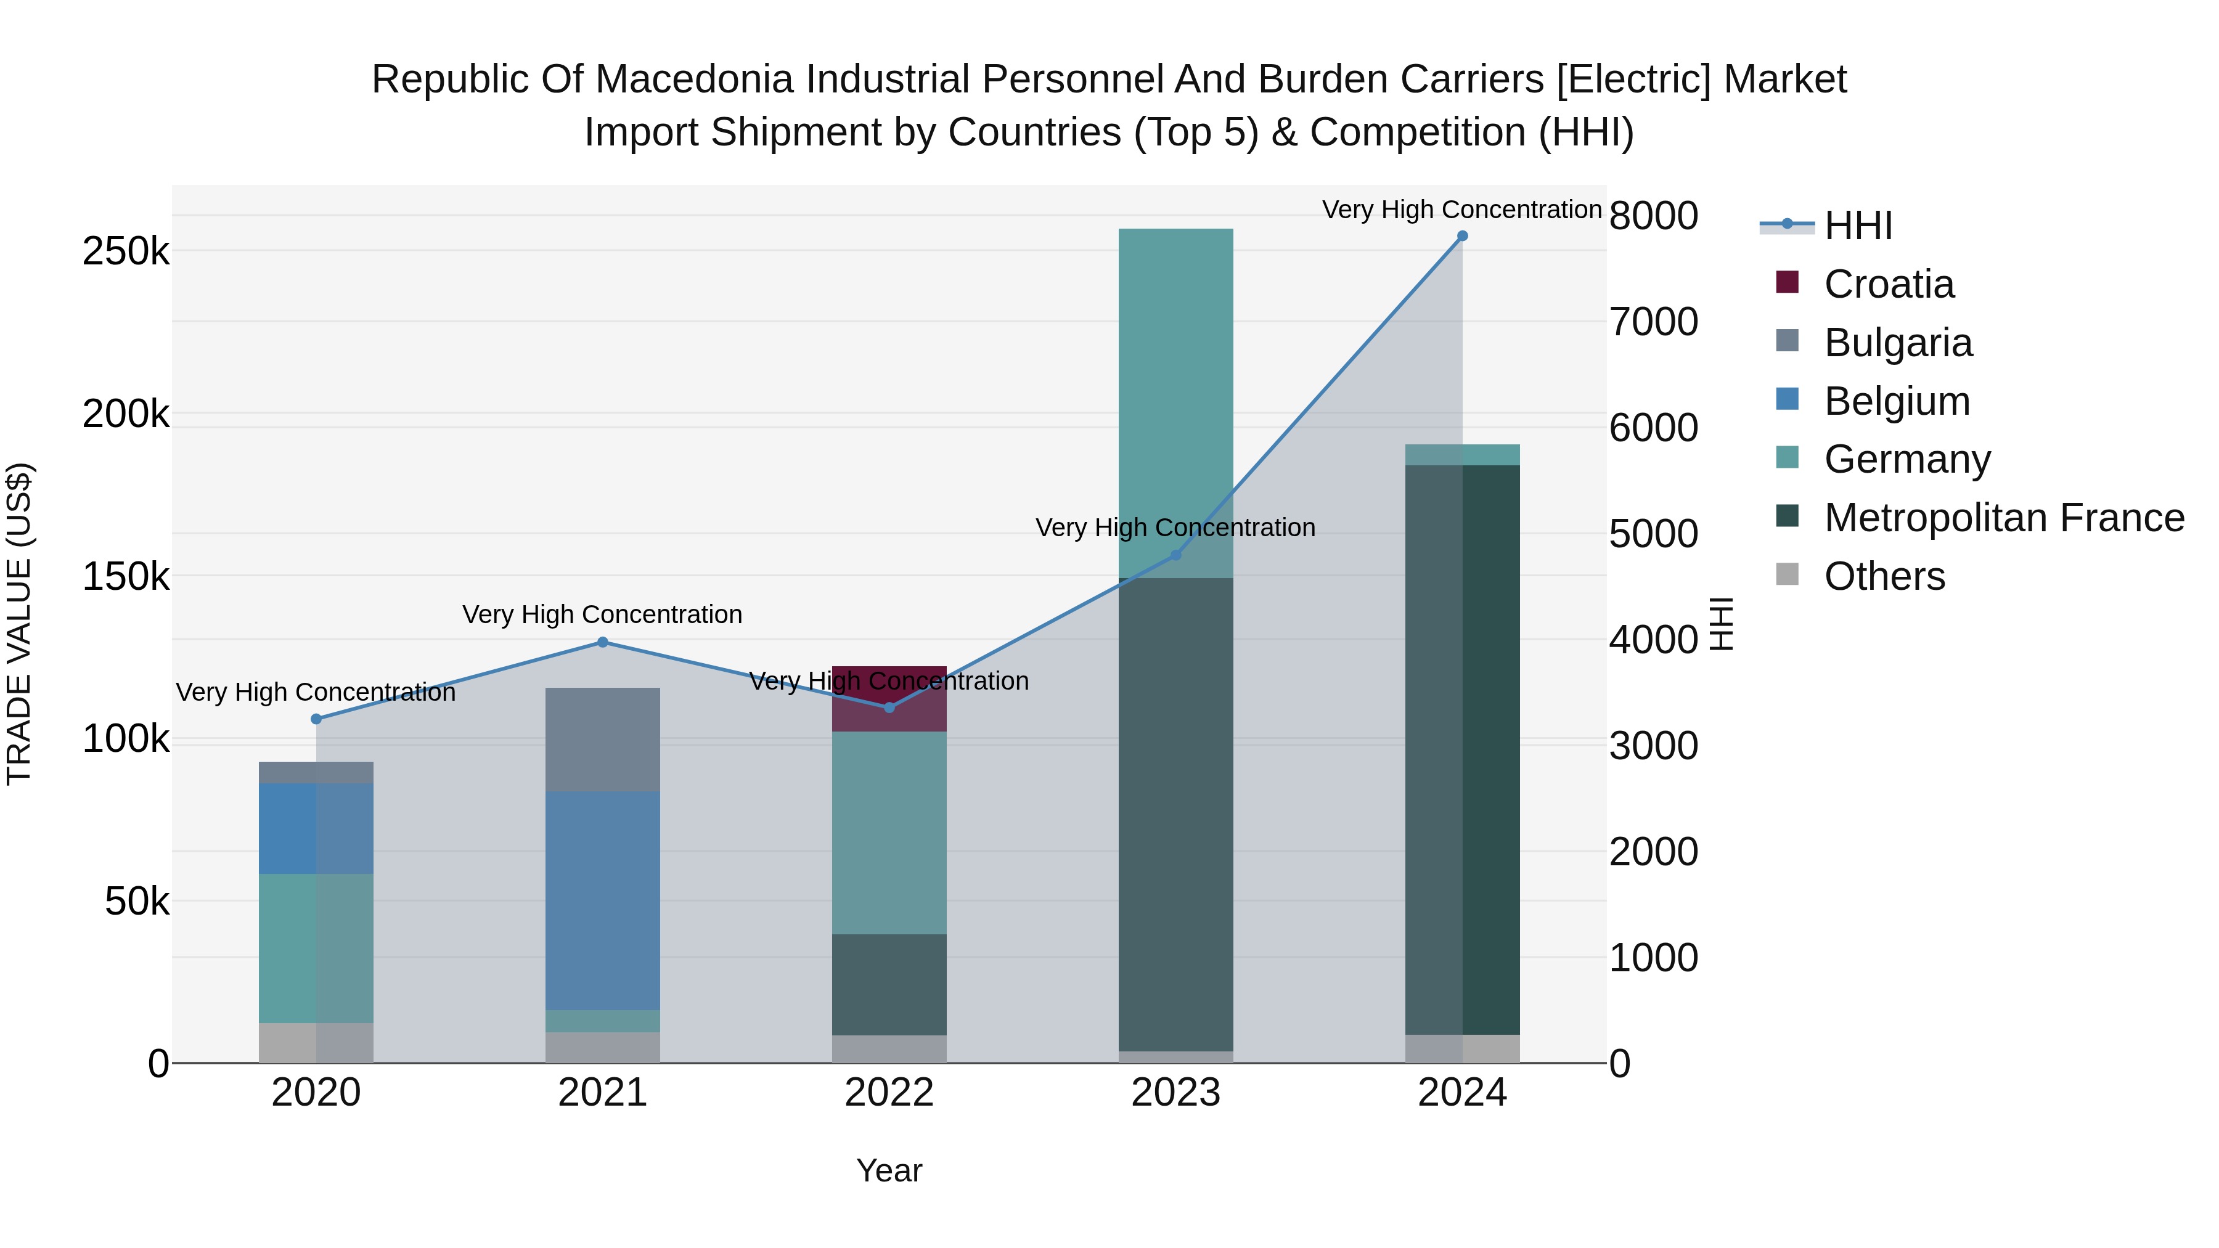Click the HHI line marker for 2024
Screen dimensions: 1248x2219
pos(1462,236)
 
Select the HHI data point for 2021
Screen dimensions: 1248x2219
pos(602,642)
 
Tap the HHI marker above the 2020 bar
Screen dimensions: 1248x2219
pos(316,719)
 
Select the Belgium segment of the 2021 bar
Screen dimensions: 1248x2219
pos(602,900)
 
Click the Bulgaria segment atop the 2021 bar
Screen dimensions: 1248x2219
pos(602,739)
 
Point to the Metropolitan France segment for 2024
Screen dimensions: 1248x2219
pos(1462,749)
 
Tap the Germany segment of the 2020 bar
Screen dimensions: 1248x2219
pos(316,947)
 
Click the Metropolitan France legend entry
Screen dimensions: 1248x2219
pos(2004,518)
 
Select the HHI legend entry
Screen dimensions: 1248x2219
pos(1858,226)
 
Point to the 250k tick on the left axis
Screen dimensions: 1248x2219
pos(126,251)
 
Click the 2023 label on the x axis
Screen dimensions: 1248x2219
pos(1175,1093)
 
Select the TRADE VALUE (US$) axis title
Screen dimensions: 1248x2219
pos(19,624)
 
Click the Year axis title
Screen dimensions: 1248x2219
pos(889,1170)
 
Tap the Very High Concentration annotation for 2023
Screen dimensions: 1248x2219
pos(1175,527)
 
